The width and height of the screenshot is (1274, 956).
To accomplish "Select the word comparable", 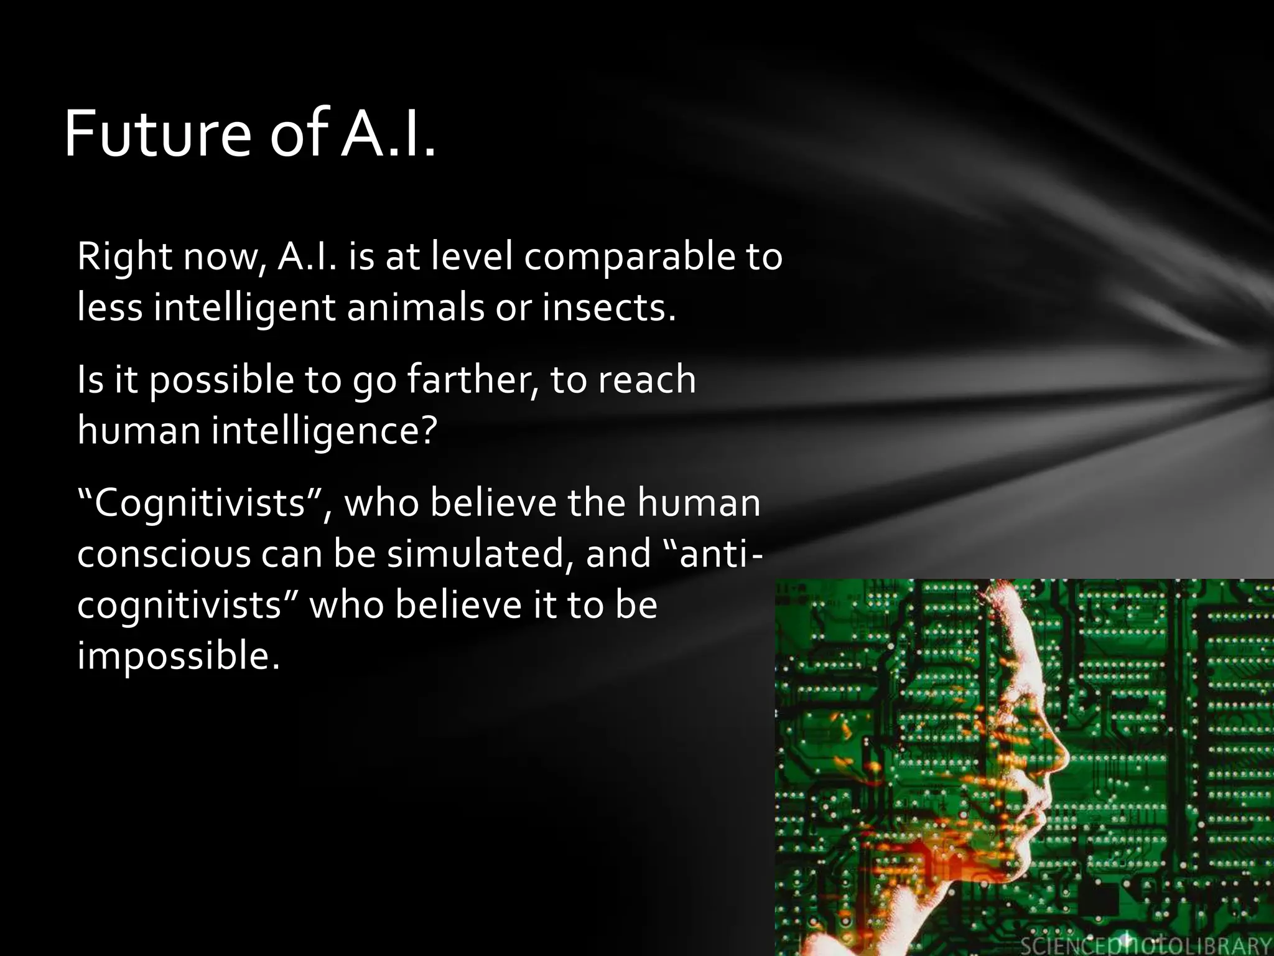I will (630, 256).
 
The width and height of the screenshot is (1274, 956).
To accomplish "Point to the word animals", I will (416, 307).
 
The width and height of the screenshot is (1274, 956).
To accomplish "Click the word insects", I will (608, 307).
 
